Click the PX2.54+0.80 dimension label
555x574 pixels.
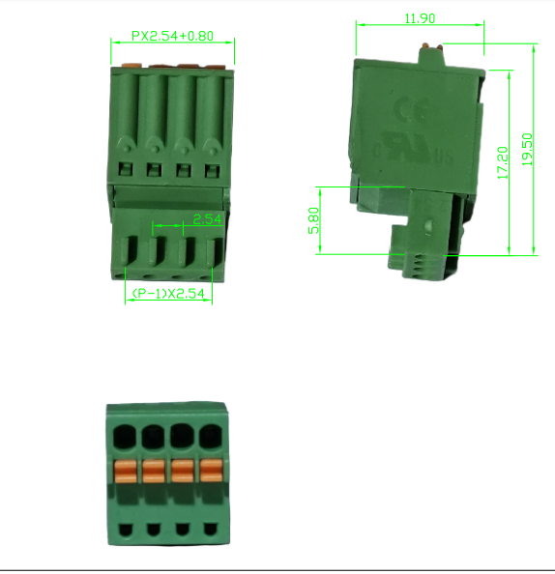point(173,36)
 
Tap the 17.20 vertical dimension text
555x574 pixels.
point(502,161)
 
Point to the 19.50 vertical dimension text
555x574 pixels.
point(527,150)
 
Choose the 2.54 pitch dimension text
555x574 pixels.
point(208,219)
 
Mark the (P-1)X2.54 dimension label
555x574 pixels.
point(170,294)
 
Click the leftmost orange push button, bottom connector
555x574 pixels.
point(126,472)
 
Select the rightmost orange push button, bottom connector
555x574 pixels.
point(210,472)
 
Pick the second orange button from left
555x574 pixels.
point(154,472)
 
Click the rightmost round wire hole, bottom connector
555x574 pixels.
point(209,437)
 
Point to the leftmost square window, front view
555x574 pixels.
point(125,169)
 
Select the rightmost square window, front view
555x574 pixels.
point(212,169)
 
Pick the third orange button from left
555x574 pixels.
point(182,472)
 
